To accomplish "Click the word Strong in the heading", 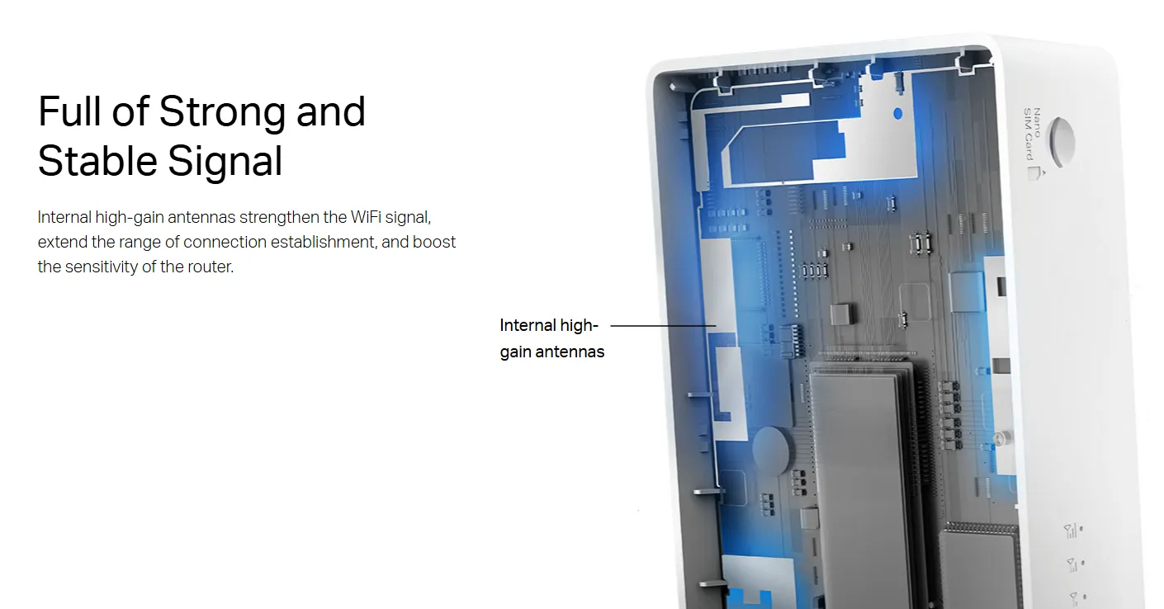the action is click(x=222, y=112).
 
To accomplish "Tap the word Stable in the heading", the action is click(x=97, y=161).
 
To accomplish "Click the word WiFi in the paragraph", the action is click(x=366, y=217).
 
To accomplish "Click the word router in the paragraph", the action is click(x=211, y=267).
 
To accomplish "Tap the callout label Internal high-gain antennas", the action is click(x=551, y=338).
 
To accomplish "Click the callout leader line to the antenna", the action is click(x=663, y=326).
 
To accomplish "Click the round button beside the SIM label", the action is click(x=1062, y=141).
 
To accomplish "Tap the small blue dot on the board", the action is click(x=897, y=113).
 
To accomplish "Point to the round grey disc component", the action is click(x=770, y=451).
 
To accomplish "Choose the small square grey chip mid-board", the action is click(x=840, y=314).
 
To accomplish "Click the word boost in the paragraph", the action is click(x=434, y=242).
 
